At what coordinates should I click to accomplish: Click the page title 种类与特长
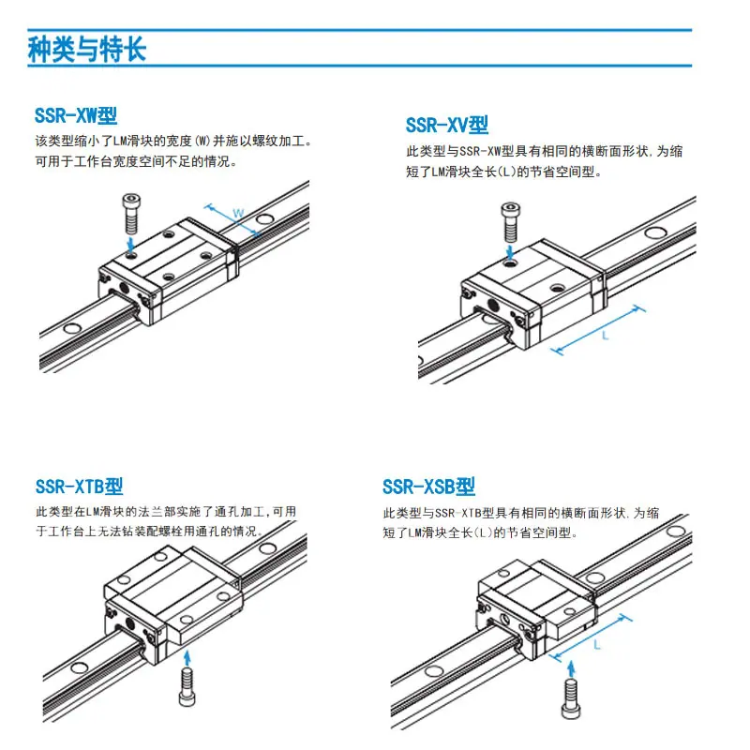tap(86, 49)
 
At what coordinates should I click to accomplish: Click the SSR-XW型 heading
tap(76, 115)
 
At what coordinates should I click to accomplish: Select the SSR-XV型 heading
tap(447, 126)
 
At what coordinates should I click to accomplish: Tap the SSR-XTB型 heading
tap(79, 487)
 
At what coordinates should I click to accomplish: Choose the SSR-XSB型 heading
tap(428, 487)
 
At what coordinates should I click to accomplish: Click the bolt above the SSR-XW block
tap(131, 213)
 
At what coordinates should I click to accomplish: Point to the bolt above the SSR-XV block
tap(510, 222)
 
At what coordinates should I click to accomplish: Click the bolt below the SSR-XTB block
tap(187, 687)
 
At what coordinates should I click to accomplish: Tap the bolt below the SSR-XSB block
tap(571, 698)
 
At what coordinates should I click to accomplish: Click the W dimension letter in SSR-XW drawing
tap(238, 214)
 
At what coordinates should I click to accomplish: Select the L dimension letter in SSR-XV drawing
tap(605, 336)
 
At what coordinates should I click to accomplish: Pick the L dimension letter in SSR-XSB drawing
tap(597, 645)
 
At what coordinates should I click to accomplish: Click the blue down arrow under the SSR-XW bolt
tap(131, 244)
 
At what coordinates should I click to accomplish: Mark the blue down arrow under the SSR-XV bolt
tap(510, 252)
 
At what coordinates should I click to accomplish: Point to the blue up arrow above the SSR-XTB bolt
tap(187, 658)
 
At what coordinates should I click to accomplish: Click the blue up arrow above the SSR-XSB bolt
tap(571, 668)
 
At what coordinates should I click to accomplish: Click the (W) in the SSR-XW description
tap(202, 142)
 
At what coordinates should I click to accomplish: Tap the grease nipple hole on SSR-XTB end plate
tap(129, 623)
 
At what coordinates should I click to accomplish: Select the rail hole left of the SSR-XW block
tap(72, 329)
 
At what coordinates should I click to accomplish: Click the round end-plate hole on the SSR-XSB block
tap(505, 620)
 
